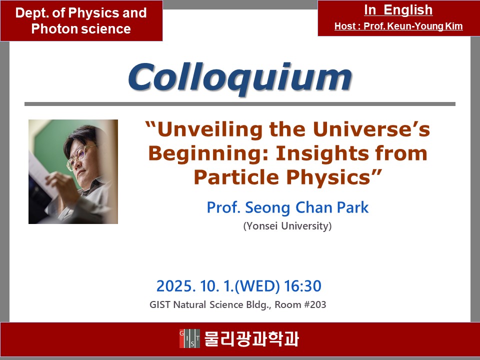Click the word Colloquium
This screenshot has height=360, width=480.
click(240, 78)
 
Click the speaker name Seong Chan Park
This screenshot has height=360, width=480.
click(306, 207)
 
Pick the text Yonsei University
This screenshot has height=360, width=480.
click(287, 226)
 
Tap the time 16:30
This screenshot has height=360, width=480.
click(303, 286)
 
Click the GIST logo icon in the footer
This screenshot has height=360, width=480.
click(189, 338)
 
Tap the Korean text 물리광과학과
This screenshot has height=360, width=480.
click(251, 338)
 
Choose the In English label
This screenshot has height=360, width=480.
click(398, 10)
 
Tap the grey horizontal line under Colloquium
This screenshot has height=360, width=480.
click(240, 104)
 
